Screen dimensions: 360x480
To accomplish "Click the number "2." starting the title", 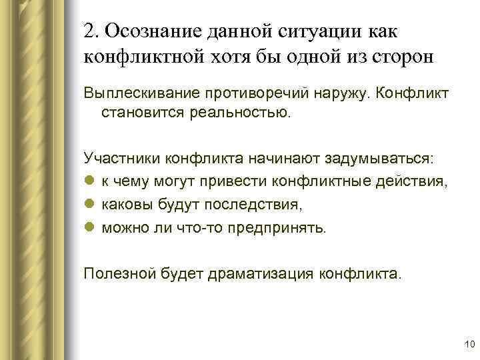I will coord(92,31).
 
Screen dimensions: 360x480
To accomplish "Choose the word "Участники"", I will coord(116,159).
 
